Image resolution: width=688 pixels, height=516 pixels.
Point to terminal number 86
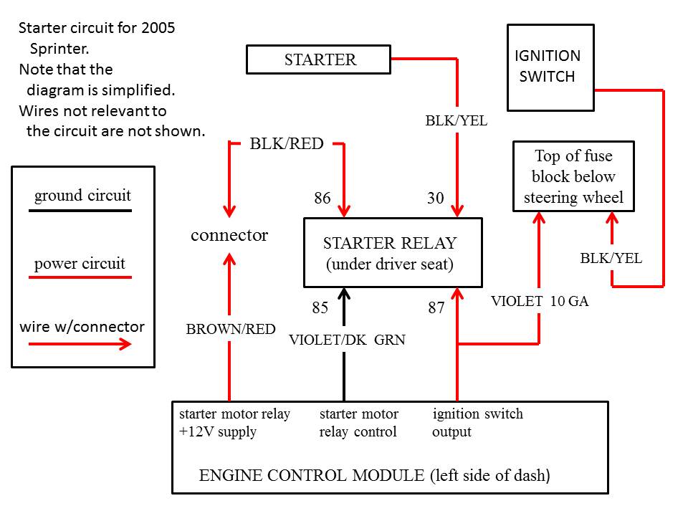(x=322, y=198)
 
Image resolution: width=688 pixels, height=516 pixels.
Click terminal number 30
(x=435, y=198)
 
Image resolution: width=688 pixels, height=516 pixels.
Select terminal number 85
(x=320, y=307)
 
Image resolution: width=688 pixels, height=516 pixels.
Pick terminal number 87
(x=436, y=307)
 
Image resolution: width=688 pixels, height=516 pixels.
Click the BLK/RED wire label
(x=287, y=143)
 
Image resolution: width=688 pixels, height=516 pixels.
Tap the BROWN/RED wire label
(x=231, y=329)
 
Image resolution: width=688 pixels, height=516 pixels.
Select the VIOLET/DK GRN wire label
(x=347, y=340)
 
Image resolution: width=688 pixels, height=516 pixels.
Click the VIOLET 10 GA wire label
(x=540, y=301)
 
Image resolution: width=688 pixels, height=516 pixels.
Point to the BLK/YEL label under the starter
(x=457, y=120)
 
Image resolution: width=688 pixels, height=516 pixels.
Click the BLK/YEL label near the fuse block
(x=611, y=259)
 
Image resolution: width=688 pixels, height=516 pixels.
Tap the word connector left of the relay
(x=229, y=235)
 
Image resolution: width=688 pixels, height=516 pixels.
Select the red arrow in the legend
(x=80, y=344)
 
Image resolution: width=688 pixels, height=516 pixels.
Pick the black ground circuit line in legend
(x=80, y=211)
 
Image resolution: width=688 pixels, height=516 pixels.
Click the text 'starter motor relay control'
(x=359, y=423)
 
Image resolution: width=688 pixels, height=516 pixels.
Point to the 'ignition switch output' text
(x=477, y=423)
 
